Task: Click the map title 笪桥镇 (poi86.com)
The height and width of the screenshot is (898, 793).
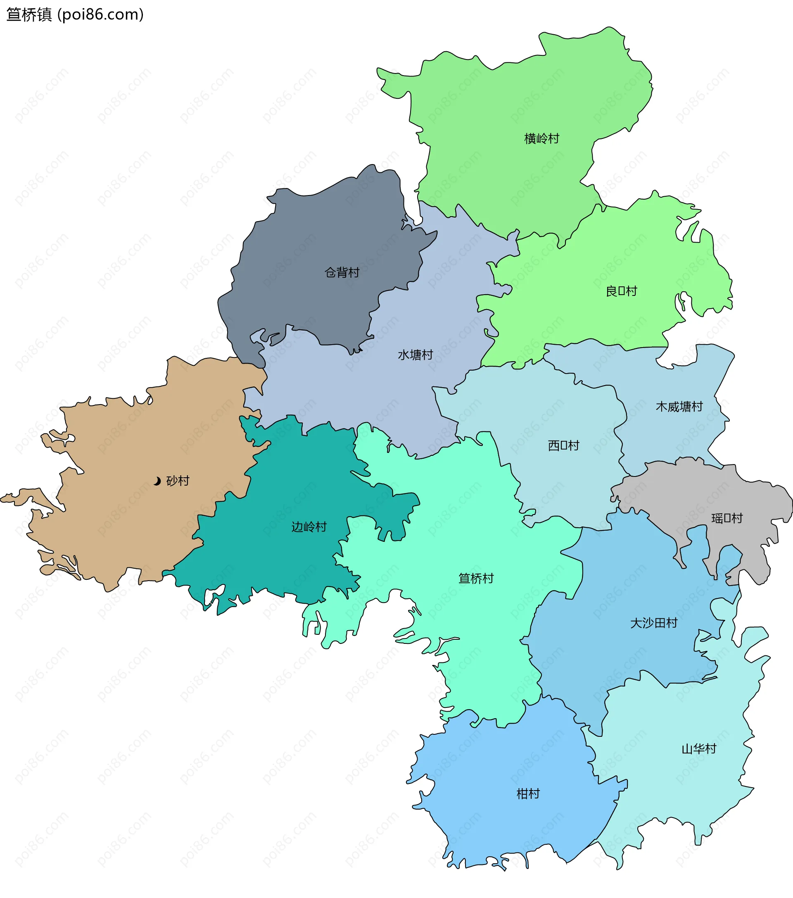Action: (75, 14)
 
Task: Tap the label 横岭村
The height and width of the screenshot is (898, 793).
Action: (541, 139)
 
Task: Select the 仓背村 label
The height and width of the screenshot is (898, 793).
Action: (342, 273)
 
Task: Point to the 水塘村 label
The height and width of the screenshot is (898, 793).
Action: (415, 355)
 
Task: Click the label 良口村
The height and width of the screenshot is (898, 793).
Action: (621, 291)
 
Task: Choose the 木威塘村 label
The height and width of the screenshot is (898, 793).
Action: (679, 407)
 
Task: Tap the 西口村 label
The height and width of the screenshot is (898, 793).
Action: (563, 446)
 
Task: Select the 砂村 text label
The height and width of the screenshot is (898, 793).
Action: (178, 481)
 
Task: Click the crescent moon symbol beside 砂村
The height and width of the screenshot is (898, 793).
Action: (157, 481)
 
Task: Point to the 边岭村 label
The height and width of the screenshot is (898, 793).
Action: (309, 527)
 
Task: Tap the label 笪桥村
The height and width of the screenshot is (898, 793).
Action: (476, 579)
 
